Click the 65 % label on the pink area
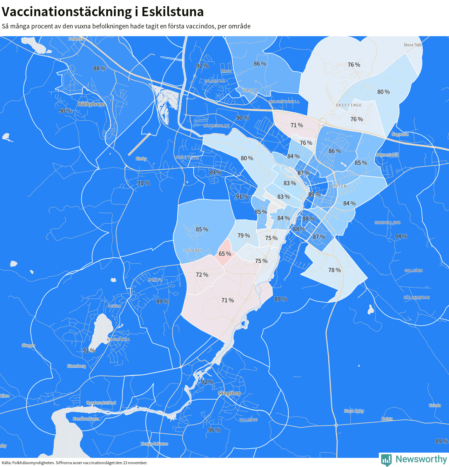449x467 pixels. [225, 254]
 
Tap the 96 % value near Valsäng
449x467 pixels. [214, 430]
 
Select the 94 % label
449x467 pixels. [401, 237]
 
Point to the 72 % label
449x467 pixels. [202, 275]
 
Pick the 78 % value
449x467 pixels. [334, 270]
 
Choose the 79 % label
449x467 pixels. [243, 236]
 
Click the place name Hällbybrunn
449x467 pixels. [91, 104]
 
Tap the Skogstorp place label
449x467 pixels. [229, 393]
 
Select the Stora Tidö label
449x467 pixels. [413, 45]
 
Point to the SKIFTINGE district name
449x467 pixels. [349, 105]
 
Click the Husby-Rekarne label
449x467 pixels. [154, 444]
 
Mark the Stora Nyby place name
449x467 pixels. [354, 411]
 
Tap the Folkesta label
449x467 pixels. [76, 39]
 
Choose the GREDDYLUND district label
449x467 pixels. [387, 223]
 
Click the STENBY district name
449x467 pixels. [195, 250]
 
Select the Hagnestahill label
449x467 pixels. [387, 155]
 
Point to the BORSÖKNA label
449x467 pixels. [118, 340]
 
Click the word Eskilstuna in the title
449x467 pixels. [173, 12]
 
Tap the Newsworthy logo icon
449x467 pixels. [386, 460]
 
